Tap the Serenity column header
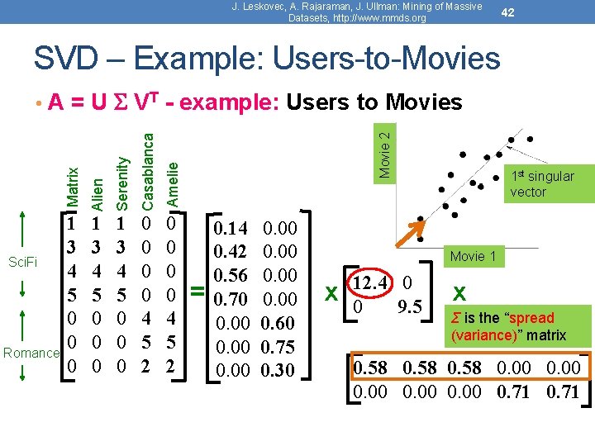click(x=122, y=183)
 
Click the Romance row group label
click(x=31, y=353)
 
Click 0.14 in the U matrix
click(x=229, y=229)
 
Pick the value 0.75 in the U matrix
click(x=278, y=346)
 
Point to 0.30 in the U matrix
click(x=278, y=369)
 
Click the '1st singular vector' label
click(x=541, y=183)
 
